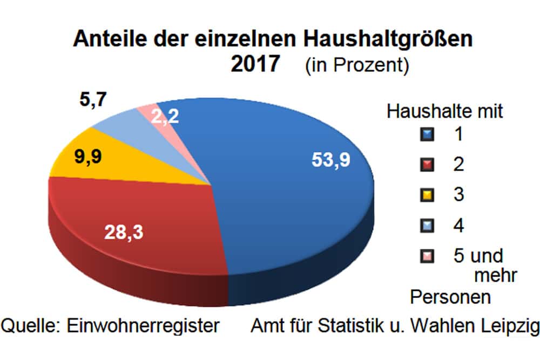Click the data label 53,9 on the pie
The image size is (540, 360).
[x=331, y=160]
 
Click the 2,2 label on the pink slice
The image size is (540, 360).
[x=165, y=116]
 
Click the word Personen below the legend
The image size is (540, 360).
[x=450, y=297]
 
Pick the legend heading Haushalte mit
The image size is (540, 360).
[x=445, y=112]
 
